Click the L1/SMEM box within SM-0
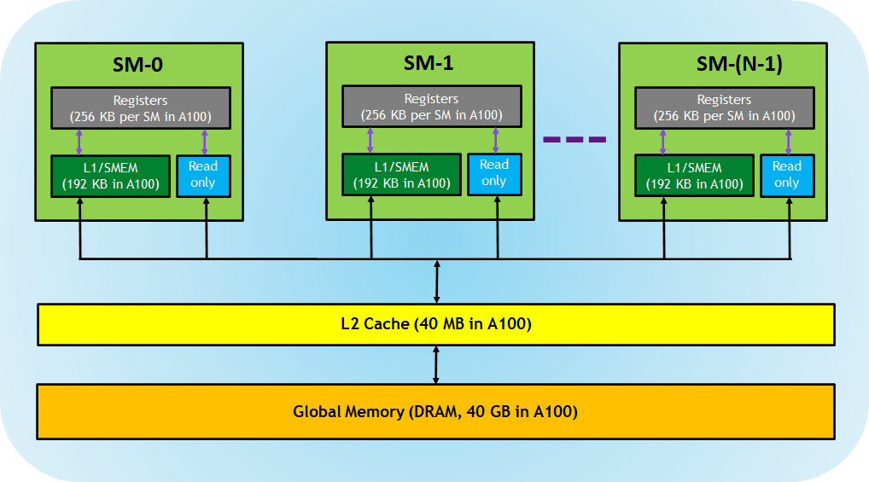[x=110, y=176]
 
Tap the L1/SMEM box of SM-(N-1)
[x=694, y=176]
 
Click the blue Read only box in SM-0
[x=203, y=175]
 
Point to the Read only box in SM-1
[x=493, y=173]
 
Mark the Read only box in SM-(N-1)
[x=786, y=175]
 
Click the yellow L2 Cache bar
[x=435, y=324]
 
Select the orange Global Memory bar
[x=435, y=411]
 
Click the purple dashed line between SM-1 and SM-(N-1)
[x=574, y=139]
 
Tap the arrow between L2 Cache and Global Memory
[x=436, y=365]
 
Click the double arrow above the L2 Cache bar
[x=436, y=282]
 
